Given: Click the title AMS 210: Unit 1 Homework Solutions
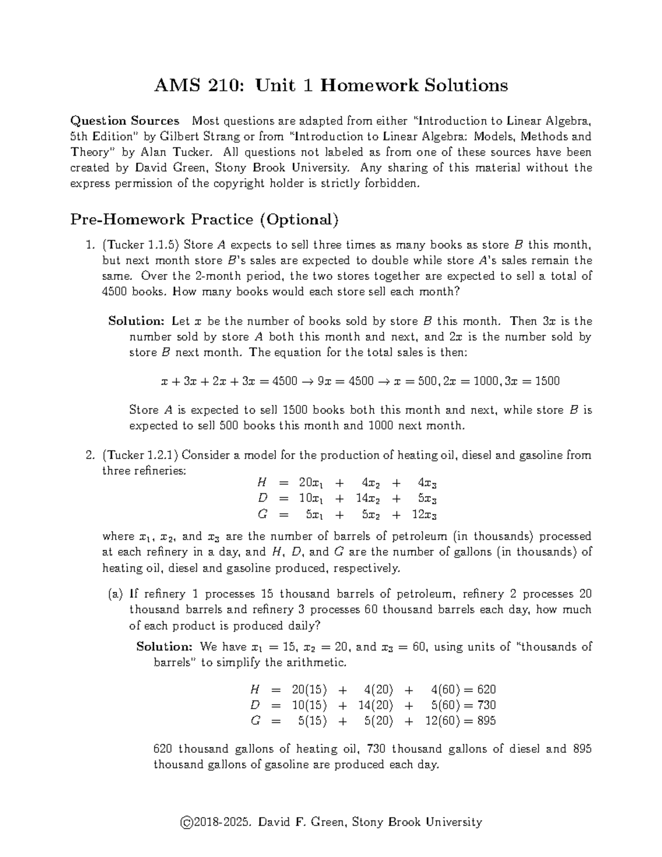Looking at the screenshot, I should pyautogui.click(x=331, y=86).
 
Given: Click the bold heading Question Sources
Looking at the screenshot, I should pyautogui.click(x=125, y=121).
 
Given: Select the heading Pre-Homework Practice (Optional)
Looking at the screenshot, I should pyautogui.click(x=204, y=220).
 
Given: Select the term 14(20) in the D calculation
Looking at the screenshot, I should pyautogui.click(x=375, y=705).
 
